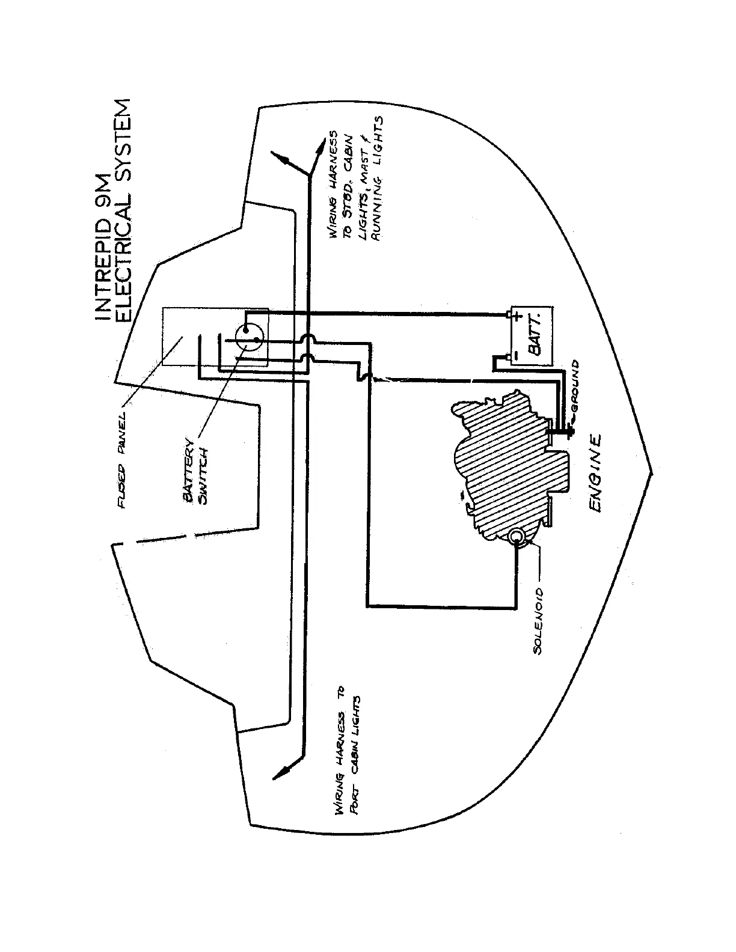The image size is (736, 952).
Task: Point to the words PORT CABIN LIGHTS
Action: pos(357,754)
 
